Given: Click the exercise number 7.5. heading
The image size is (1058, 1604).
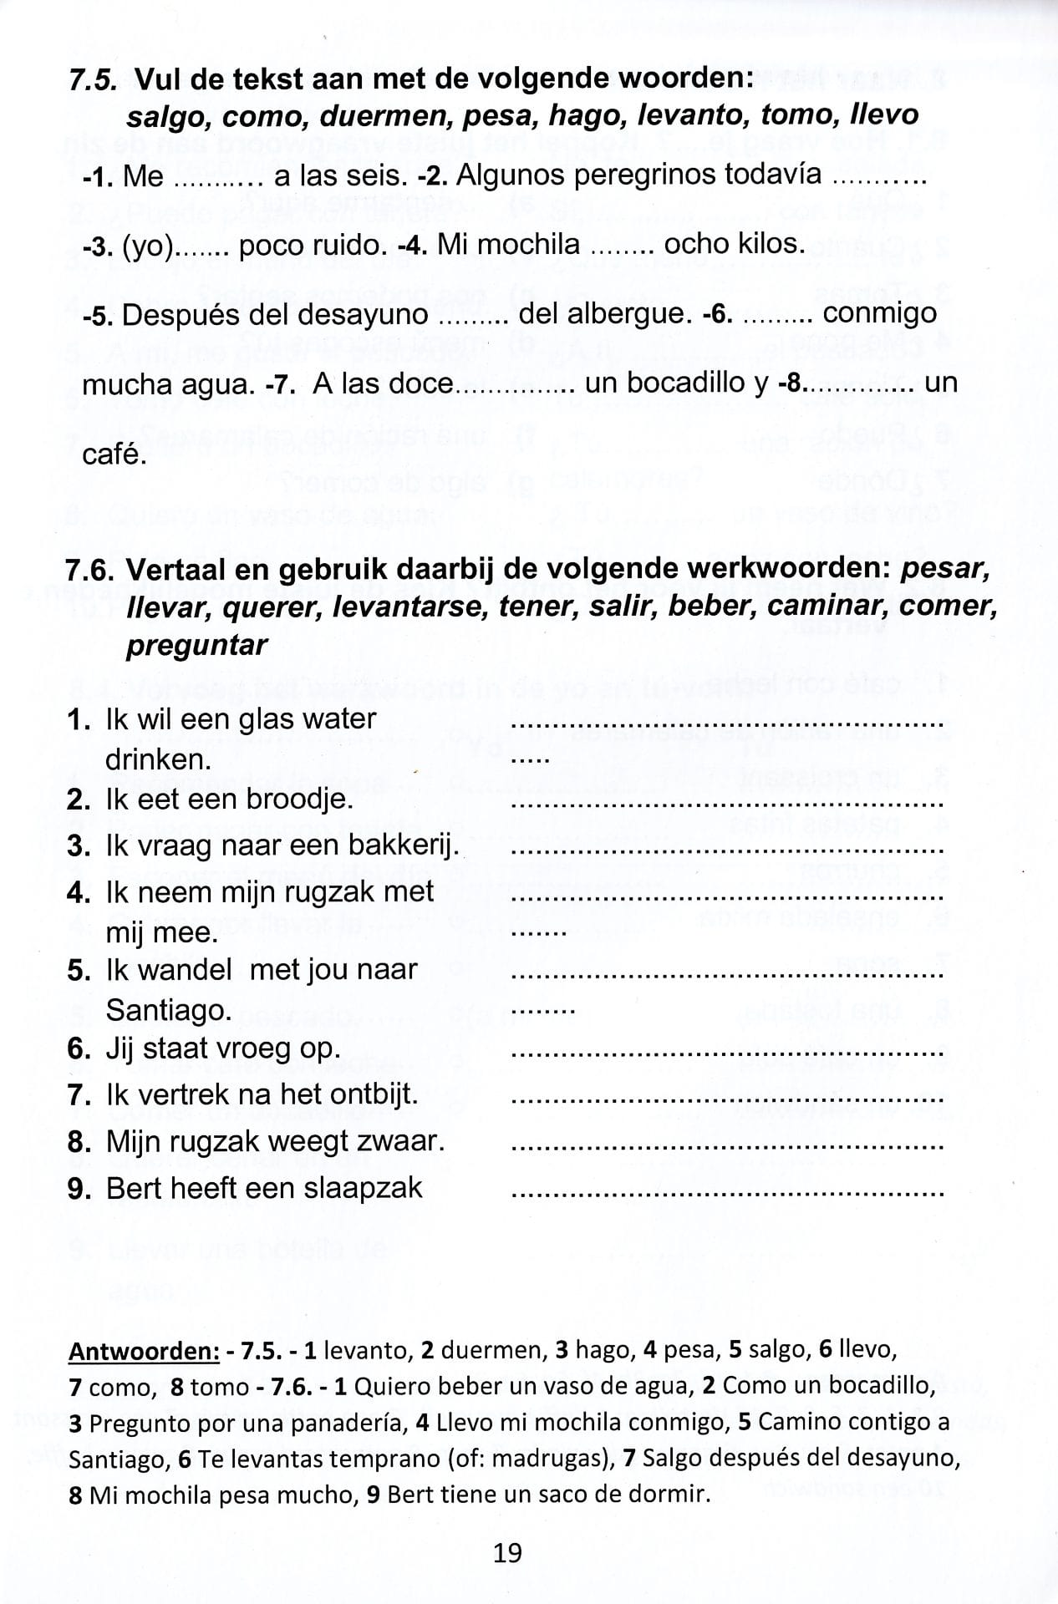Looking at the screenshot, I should tap(95, 79).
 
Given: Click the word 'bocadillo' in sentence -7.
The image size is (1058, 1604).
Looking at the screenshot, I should tap(697, 383).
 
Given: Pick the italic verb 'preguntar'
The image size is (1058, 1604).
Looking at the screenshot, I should tap(197, 645).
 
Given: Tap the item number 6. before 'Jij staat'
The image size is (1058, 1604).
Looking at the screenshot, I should tap(79, 1048).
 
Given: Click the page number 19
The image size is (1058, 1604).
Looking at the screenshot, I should tap(507, 1552).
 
